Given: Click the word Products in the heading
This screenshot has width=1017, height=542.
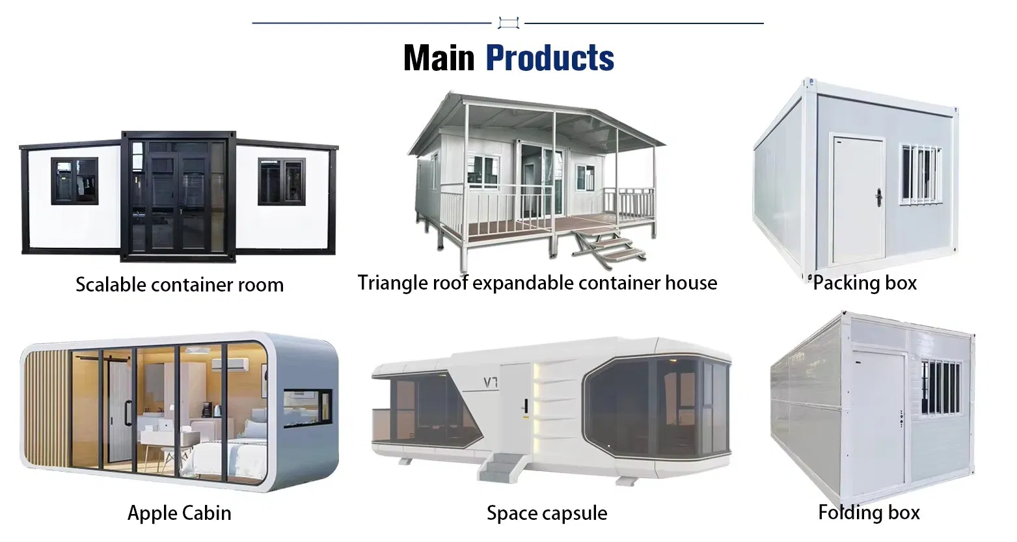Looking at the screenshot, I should (550, 58).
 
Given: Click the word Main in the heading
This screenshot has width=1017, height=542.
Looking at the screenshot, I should (439, 58).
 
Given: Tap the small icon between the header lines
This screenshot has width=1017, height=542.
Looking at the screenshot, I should (508, 23).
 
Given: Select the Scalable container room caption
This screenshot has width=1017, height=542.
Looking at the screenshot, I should (180, 285).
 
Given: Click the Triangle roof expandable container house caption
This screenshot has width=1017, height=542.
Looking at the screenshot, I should (537, 283).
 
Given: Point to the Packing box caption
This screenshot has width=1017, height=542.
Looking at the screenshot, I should (865, 283).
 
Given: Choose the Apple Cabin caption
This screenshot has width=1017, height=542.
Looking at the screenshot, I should (180, 513).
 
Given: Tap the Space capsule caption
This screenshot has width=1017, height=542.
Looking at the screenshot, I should (547, 513).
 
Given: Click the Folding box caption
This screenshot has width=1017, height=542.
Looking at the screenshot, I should (869, 513).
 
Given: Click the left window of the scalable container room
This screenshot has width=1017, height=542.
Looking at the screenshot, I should (75, 181).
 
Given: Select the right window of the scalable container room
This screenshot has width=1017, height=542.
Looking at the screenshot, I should (281, 181).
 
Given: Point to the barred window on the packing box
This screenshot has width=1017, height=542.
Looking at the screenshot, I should (920, 172).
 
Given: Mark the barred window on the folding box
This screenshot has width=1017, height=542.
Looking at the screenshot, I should (941, 387).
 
